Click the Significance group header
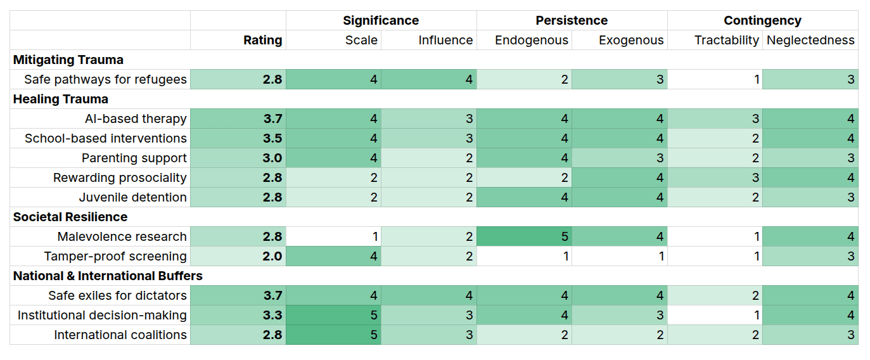click(381, 20)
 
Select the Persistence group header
click(572, 20)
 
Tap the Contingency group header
click(762, 20)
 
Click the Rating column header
click(262, 40)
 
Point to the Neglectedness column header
click(810, 40)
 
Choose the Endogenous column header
click(532, 40)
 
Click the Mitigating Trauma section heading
click(68, 60)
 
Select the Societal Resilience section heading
click(70, 217)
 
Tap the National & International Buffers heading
click(108, 276)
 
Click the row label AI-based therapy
click(136, 119)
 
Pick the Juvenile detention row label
click(133, 197)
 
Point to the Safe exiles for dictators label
click(117, 295)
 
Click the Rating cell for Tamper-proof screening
click(238, 256)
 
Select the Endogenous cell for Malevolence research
click(524, 236)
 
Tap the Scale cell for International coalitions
click(334, 335)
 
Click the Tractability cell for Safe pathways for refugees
click(715, 79)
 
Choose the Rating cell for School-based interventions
click(238, 138)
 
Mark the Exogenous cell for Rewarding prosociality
click(620, 177)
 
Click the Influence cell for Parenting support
click(429, 158)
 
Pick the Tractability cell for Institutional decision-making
click(715, 315)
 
